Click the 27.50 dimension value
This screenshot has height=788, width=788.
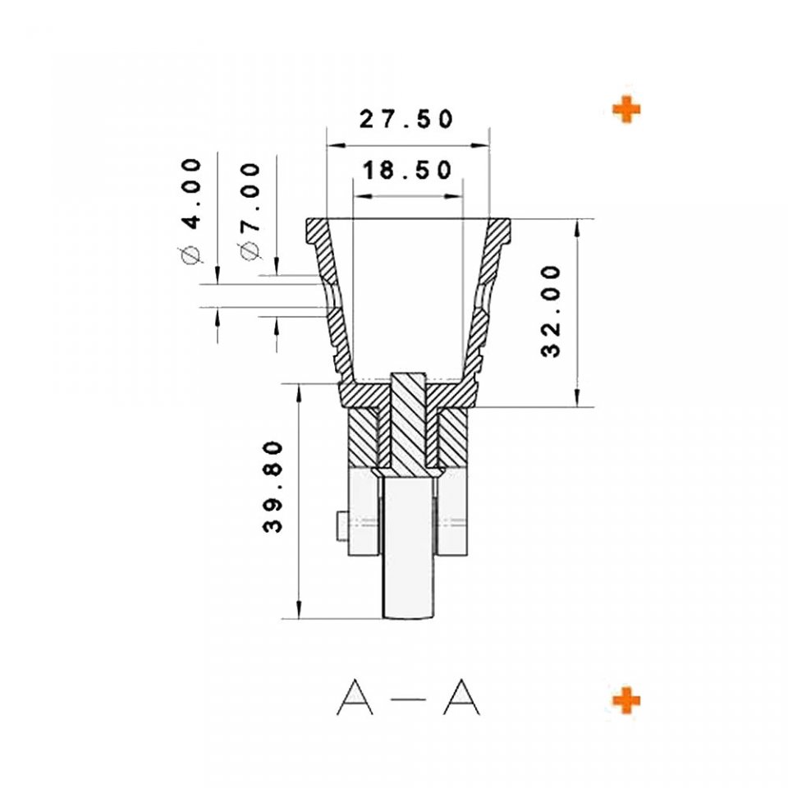click(x=406, y=119)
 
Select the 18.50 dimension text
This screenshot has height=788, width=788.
click(x=406, y=171)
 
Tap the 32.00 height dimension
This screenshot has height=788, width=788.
click(x=551, y=312)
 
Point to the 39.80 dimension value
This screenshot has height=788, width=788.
click(x=273, y=487)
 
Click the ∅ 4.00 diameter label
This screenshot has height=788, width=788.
click(x=191, y=211)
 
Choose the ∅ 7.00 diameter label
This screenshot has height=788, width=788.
click(x=250, y=212)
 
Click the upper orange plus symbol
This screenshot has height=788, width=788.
click(x=626, y=109)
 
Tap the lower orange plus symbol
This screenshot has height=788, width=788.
click(x=626, y=700)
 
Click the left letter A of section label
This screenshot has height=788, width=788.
click(x=355, y=697)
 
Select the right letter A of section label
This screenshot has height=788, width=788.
click(x=461, y=697)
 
